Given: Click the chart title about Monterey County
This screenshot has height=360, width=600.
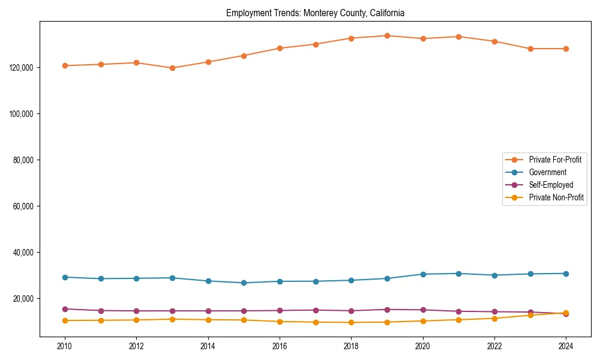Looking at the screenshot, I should coord(315,13).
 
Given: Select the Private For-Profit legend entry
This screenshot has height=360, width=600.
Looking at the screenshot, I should coord(555,160).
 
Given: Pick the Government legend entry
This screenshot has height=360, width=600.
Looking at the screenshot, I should coord(547,172).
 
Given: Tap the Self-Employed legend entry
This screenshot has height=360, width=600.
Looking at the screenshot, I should coord(551,185).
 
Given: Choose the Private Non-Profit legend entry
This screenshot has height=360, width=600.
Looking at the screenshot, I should coord(556,197).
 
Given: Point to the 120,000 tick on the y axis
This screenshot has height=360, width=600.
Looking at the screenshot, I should coord(22,67).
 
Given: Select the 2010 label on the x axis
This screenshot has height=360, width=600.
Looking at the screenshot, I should coord(65,346).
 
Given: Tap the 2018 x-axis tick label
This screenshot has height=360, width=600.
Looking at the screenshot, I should coord(351,346).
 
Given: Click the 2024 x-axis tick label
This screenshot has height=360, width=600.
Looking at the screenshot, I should coord(566,346).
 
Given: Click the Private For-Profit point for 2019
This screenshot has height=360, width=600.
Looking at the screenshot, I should coord(387,35).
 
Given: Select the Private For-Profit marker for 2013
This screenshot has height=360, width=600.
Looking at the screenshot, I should coord(172,68).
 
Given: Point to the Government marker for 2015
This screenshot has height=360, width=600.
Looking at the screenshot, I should coord(244,283).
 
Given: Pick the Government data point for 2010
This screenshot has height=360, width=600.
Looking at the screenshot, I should coord(65,277).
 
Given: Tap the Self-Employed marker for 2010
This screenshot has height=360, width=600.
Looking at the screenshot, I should coord(65,309).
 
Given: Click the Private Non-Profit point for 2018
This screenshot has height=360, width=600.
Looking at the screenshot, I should coord(351,322).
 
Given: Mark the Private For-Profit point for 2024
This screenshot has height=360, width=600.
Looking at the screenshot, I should coord(566,49).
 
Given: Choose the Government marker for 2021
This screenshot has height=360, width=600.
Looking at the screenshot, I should coord(458,274).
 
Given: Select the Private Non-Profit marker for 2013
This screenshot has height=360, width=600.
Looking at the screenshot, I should coord(172,319).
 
